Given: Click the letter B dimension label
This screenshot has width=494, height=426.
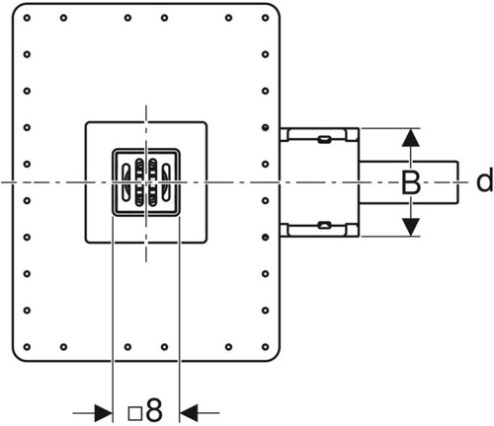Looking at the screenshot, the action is (x=411, y=182).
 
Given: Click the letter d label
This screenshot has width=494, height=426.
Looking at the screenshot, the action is (x=485, y=180).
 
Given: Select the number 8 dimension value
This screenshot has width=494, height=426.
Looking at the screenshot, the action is (x=154, y=410).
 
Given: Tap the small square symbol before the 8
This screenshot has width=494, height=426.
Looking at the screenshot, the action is (x=135, y=414).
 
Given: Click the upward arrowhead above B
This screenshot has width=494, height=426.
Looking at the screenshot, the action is (x=411, y=138).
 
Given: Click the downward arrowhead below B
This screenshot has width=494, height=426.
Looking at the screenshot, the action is (x=411, y=227).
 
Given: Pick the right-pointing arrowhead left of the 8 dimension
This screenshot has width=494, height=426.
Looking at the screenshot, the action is (x=103, y=413).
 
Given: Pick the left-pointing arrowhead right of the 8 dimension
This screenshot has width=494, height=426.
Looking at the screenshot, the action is (x=189, y=413).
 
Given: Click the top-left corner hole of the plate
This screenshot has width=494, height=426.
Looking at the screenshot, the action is (x=27, y=18).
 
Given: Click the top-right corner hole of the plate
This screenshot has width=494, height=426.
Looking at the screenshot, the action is (x=266, y=18).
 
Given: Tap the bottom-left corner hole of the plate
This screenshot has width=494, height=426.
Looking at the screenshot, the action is (x=27, y=347).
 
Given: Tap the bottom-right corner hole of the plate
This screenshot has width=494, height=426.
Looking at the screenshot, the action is (x=266, y=347).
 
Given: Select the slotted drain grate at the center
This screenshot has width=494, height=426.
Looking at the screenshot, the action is (x=146, y=182).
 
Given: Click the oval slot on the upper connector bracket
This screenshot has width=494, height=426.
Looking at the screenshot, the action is (x=324, y=139).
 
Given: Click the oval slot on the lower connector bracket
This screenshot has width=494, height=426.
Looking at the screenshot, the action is (x=324, y=226).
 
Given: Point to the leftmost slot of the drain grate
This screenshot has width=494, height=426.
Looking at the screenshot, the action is (x=126, y=181).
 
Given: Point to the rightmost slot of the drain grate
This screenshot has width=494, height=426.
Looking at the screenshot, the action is (x=166, y=181).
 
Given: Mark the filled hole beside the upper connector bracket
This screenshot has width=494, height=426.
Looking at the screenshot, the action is (x=266, y=127).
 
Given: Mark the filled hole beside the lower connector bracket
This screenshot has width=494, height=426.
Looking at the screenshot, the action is (x=266, y=237).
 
